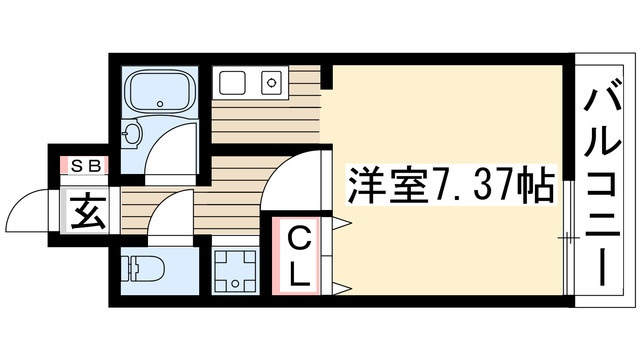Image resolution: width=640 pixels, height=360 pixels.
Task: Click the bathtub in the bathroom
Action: [x=159, y=92]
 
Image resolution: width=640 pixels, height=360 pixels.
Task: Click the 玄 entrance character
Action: [x=84, y=212]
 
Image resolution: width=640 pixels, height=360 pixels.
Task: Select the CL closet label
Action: [x=298, y=254]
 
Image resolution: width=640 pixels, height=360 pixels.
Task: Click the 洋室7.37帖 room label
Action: [x=450, y=184]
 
